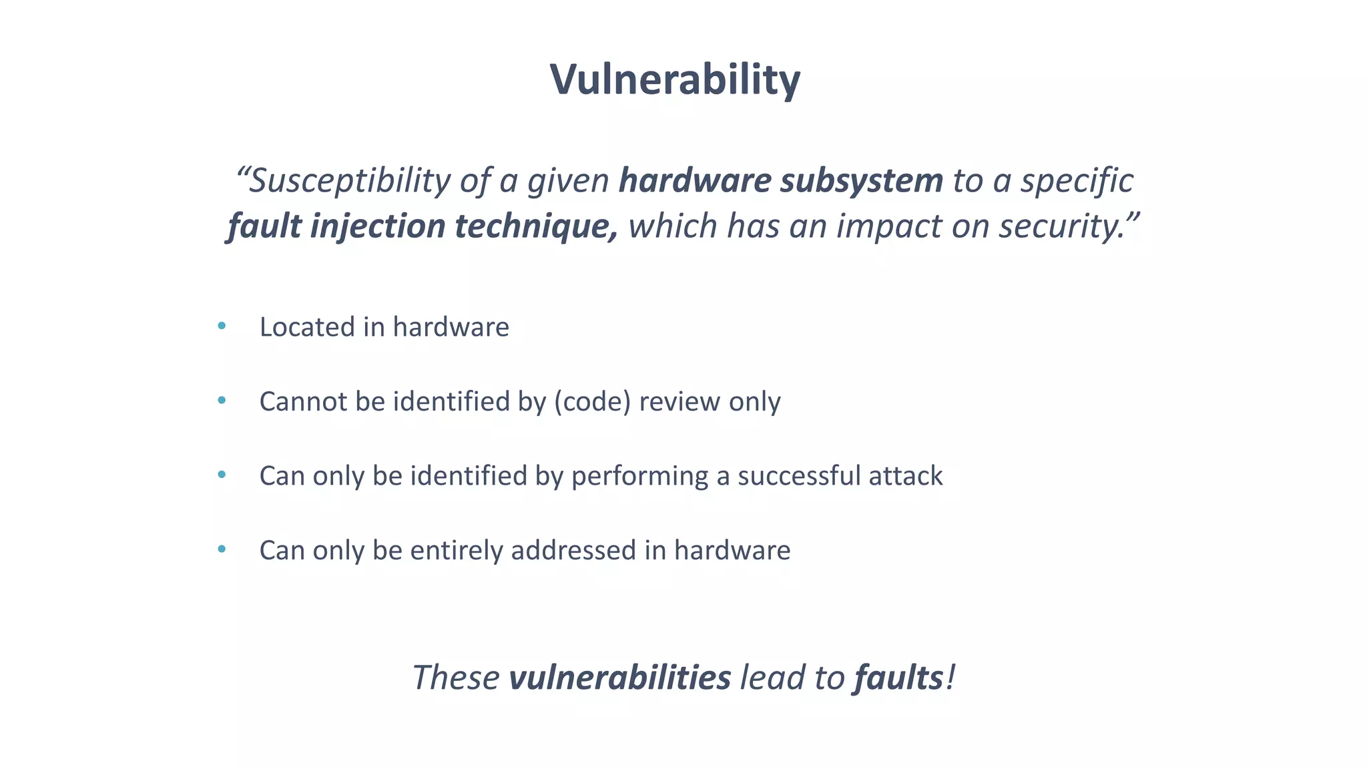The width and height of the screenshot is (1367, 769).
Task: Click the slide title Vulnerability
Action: pyautogui.click(x=675, y=79)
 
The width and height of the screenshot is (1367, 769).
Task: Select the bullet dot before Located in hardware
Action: pyautogui.click(x=222, y=326)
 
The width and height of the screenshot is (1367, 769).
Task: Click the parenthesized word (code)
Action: pyautogui.click(x=592, y=402)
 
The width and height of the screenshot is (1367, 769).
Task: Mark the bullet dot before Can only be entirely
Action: pyautogui.click(x=222, y=550)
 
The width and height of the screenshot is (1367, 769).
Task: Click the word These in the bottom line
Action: pyautogui.click(x=456, y=678)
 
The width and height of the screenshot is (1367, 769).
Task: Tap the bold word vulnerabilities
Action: pyautogui.click(x=619, y=678)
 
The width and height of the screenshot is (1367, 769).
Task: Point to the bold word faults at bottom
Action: pyautogui.click(x=898, y=678)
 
